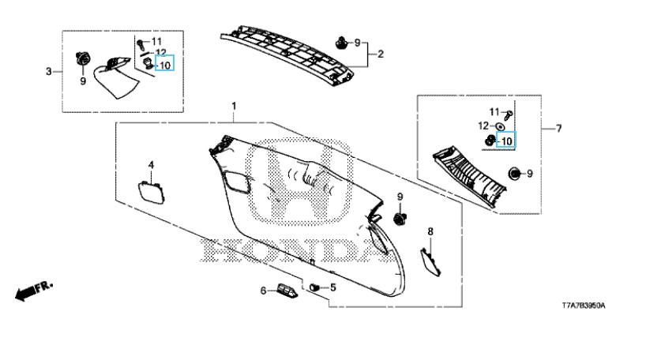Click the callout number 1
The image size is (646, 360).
coord(234,107)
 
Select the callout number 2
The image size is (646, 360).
coord(381,54)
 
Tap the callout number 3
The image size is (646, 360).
coord(49,72)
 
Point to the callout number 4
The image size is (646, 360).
coord(151,165)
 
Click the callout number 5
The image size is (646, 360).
coord(333,287)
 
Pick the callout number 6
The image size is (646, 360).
coord(263,291)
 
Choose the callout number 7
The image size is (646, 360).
coord(558,129)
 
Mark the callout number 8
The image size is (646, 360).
coord(430,231)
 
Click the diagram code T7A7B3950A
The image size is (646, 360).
coord(584,306)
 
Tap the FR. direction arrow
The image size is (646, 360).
coord(34,291)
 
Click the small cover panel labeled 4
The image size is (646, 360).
coord(152,193)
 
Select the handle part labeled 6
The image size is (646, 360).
coord(287,291)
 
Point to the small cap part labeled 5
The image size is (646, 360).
coord(314,287)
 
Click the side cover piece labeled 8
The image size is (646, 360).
coord(430,262)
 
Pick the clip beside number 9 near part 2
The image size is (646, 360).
coord(340,43)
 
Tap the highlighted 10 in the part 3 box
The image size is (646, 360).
coord(165,65)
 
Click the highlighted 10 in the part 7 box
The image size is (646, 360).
coord(506,141)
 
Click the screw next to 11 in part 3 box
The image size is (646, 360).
coord(141,43)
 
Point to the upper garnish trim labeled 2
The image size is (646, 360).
coord(287,54)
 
